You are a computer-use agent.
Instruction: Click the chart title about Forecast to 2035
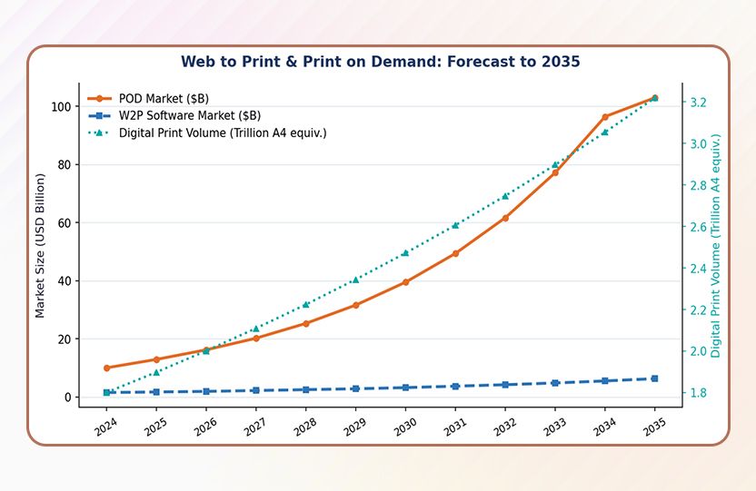point(380,62)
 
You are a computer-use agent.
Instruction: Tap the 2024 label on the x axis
point(105,425)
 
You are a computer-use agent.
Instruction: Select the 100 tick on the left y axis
point(61,106)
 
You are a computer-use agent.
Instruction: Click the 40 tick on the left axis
point(65,280)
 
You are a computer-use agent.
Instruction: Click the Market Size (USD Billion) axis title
point(40,246)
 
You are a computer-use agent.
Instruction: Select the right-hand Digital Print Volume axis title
point(716,246)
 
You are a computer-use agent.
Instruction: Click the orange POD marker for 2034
point(605,117)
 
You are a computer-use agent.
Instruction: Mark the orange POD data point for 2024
point(107,368)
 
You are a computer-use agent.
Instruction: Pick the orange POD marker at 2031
point(455,253)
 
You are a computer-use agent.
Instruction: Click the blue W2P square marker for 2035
point(654,378)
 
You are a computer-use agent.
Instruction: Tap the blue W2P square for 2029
point(356,388)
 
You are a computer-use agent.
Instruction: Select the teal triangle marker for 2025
point(157,372)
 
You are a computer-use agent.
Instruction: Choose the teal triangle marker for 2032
point(505,196)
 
